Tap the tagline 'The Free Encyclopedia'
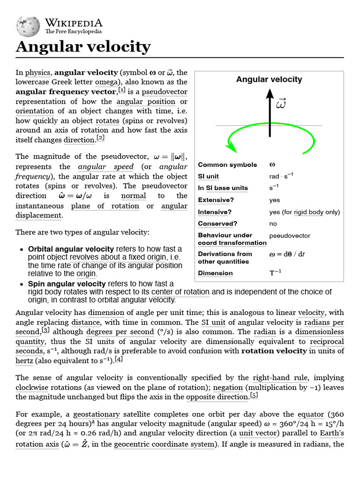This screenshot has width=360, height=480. [73, 31]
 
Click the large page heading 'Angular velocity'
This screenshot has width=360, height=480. [83, 47]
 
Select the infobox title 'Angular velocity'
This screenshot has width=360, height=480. [269, 79]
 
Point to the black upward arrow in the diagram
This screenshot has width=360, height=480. [270, 112]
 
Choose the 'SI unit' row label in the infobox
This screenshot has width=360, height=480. [209, 176]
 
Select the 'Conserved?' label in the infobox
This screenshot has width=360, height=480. [217, 224]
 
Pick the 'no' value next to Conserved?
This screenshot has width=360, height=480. [273, 224]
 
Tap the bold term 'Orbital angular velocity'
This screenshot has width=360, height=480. [71, 249]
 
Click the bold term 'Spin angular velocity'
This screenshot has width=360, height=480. [67, 284]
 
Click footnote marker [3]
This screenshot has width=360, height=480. [45, 330]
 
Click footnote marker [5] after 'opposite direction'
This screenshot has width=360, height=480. [254, 396]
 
